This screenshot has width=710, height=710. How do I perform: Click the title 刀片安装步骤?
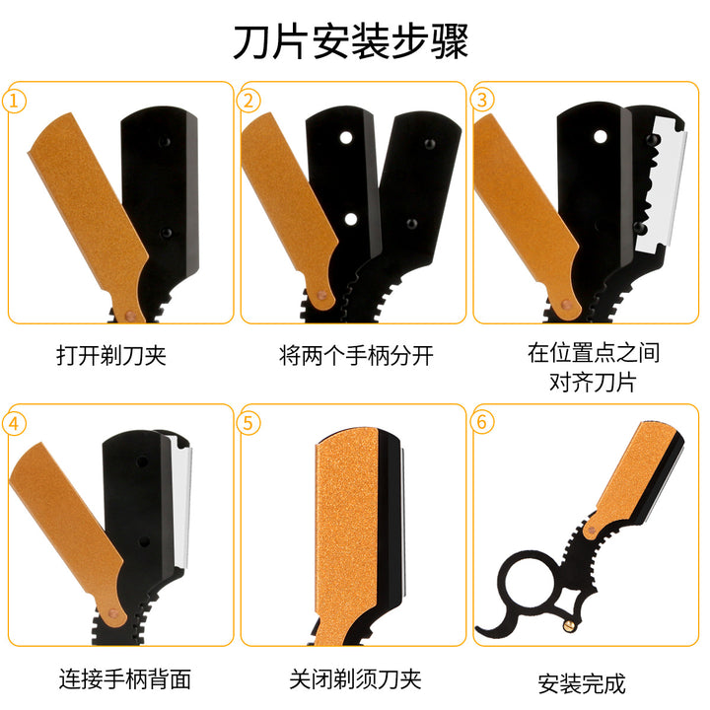[350, 42]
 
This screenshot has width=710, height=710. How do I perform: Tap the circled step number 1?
[14, 101]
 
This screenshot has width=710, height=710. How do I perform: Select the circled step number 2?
[248, 101]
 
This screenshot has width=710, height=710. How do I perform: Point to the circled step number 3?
[482, 100]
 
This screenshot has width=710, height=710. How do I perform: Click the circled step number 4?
[14, 424]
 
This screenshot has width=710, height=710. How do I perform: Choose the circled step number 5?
[248, 423]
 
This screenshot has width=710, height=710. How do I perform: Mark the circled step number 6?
[482, 422]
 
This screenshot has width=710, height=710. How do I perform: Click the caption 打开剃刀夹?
[111, 355]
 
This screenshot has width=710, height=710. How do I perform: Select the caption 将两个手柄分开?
[356, 355]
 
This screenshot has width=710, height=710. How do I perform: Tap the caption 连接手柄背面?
[125, 678]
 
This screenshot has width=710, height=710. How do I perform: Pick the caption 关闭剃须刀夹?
[355, 678]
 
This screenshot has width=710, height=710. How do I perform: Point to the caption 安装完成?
[582, 683]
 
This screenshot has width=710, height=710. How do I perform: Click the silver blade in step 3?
[664, 183]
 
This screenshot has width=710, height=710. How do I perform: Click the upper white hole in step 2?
[346, 137]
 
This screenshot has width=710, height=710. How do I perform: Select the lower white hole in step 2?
[351, 220]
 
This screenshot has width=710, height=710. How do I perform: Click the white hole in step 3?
[601, 137]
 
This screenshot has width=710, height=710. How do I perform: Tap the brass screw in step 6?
[569, 626]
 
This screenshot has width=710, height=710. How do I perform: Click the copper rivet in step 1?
[130, 315]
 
